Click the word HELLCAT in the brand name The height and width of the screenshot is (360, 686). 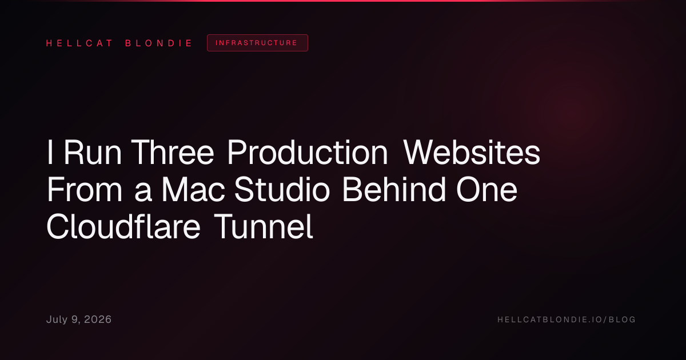click(79, 43)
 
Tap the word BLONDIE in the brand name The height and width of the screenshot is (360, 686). click(159, 43)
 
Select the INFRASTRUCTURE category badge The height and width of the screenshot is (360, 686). click(257, 43)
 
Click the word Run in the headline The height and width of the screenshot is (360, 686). click(93, 152)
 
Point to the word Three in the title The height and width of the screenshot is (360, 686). click(173, 152)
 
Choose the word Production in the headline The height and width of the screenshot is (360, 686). click(308, 152)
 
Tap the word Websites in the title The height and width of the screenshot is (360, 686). click(472, 152)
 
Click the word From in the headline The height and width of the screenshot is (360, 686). click(85, 190)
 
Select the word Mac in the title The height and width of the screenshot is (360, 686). click(193, 190)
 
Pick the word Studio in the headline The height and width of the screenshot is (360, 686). click(282, 190)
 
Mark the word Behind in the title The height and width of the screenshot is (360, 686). click(393, 190)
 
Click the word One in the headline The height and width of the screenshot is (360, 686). click(486, 190)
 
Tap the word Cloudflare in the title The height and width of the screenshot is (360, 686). click(123, 227)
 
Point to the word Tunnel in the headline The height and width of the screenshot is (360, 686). click(263, 227)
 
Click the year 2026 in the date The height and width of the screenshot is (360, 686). click(98, 319)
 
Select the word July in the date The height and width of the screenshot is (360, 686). click(57, 320)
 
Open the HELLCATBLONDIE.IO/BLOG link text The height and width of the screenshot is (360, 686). click(567, 319)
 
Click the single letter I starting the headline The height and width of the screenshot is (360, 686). click(50, 152)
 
